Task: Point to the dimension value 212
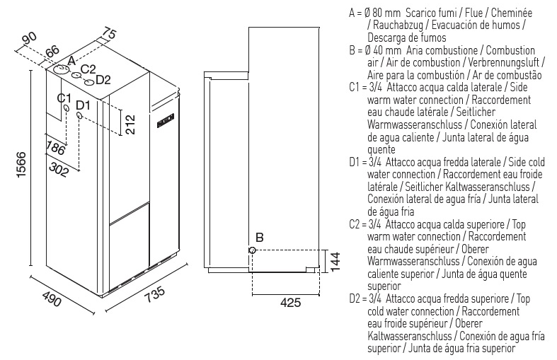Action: [x=129, y=123]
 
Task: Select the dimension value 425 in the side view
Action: [x=290, y=303]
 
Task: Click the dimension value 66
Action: [x=53, y=51]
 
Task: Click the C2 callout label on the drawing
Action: [x=88, y=69]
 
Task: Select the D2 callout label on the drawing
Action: [x=103, y=79]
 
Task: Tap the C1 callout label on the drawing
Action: [x=65, y=98]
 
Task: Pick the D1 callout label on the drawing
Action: [x=83, y=105]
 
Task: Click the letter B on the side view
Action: [x=259, y=238]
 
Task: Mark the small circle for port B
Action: [x=252, y=250]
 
